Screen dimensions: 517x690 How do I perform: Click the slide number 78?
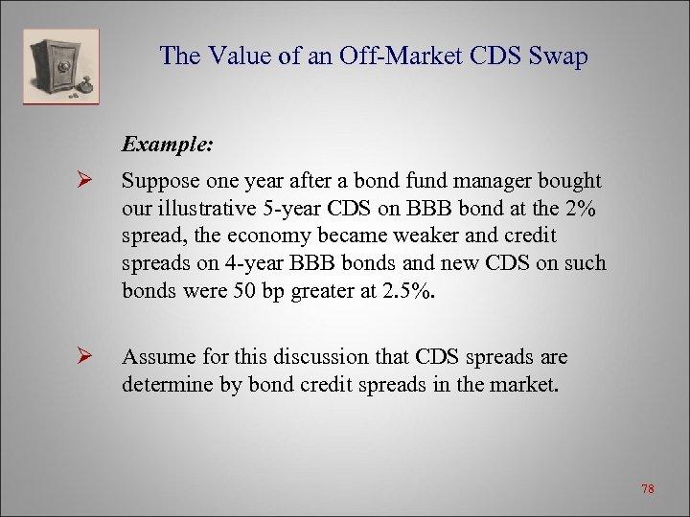[648, 489]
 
